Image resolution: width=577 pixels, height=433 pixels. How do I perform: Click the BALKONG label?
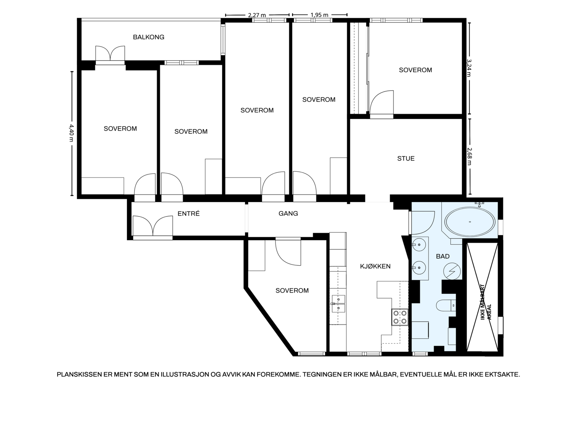click(149, 37)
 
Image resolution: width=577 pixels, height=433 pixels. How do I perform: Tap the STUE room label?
click(406, 158)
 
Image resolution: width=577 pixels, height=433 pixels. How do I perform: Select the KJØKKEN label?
click(375, 266)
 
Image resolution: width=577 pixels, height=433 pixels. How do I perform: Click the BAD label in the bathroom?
click(443, 256)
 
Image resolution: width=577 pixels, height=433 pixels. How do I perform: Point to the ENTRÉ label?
click(189, 214)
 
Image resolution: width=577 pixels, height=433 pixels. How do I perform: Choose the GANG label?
click(288, 214)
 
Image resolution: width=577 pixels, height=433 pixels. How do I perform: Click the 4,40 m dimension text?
click(71, 133)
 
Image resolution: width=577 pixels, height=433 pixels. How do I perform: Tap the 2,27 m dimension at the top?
click(257, 15)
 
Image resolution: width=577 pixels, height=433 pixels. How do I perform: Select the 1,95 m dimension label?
click(320, 15)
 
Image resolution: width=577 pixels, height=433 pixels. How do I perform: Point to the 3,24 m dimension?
click(469, 68)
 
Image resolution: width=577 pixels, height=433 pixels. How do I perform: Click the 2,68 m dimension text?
click(469, 156)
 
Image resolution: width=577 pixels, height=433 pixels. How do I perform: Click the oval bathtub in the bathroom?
click(470, 222)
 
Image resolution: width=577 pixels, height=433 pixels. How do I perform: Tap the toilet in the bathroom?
click(446, 306)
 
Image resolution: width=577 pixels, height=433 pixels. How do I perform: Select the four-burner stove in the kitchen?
click(400, 317)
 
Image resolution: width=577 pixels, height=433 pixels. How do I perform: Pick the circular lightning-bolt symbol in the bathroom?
click(452, 271)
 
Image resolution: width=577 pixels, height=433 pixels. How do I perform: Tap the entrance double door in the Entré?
click(153, 226)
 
